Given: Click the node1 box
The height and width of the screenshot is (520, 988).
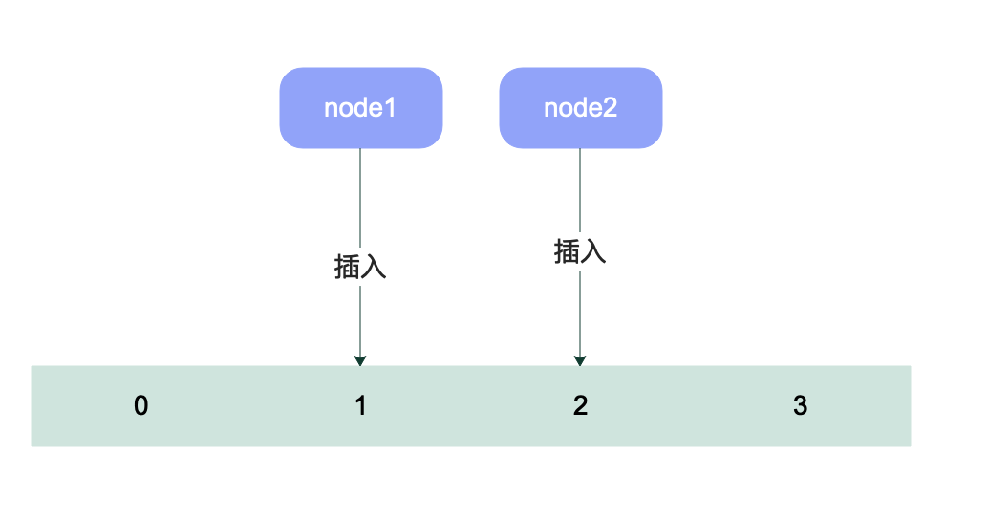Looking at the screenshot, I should [360, 108].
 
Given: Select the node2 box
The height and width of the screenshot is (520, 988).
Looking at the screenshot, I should [580, 108].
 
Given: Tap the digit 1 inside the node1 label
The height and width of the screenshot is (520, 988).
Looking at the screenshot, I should [390, 108].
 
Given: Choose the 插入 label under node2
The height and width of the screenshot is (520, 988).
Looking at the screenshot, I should [580, 252].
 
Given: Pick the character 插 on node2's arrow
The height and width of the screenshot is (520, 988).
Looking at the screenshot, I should [567, 252].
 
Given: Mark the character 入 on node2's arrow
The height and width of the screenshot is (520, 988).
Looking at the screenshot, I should [593, 252].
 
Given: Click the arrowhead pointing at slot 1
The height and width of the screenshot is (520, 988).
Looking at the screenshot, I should [360, 360].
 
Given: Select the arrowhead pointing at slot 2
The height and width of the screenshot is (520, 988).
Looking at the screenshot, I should [580, 360].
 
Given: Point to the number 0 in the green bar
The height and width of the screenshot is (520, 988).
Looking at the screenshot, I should [140, 406].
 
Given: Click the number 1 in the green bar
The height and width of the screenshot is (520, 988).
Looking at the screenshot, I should [360, 406].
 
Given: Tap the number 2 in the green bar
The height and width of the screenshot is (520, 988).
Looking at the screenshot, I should [580, 406].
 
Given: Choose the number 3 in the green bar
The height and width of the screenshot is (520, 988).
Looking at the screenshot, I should [800, 406].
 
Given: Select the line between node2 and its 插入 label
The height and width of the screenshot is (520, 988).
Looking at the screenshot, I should [580, 191].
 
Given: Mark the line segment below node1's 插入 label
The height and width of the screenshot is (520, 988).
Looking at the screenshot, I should [360, 320].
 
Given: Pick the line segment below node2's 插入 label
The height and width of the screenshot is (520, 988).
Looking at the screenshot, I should [580, 311].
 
